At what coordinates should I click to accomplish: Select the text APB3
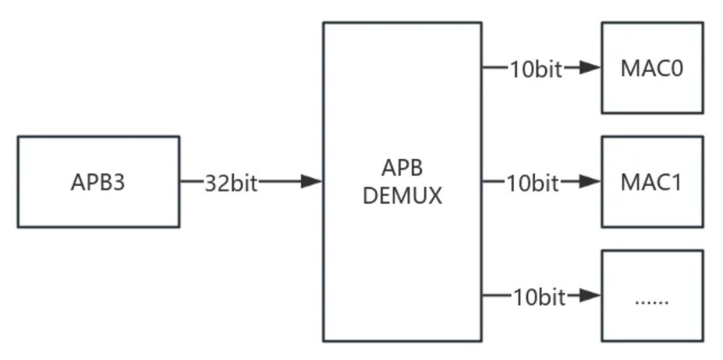[x=98, y=182]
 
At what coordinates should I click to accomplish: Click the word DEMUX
[x=402, y=196]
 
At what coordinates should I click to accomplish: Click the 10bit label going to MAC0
[x=535, y=69]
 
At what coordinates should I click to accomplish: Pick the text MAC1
[x=652, y=182]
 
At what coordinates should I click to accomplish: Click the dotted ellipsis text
[x=652, y=301]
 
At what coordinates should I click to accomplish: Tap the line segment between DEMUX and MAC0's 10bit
[x=494, y=68]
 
